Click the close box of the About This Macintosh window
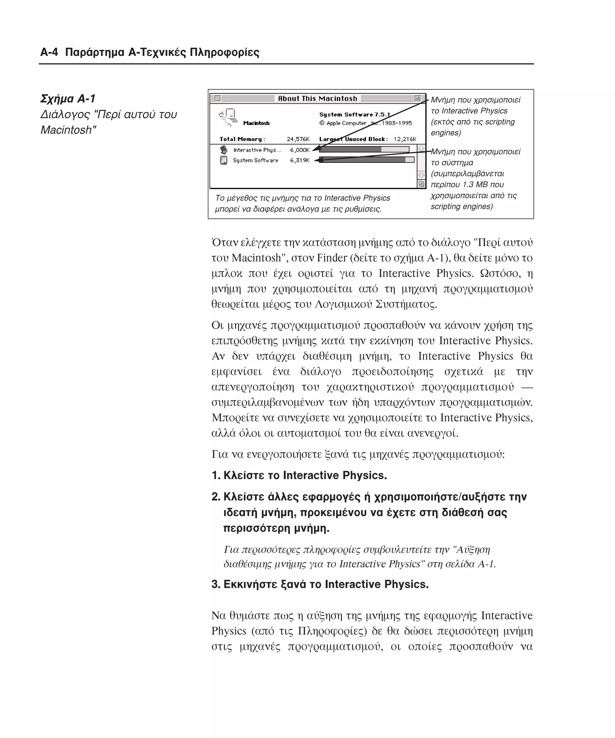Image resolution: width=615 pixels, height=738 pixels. click(217, 98)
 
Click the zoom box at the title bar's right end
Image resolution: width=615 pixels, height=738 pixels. click(417, 98)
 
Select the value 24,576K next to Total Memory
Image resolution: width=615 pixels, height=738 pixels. click(298, 139)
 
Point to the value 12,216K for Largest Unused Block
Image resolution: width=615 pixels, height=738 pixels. click(405, 139)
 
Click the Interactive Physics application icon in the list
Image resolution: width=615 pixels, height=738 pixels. click(223, 150)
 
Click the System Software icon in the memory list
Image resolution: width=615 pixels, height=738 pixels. click(223, 160)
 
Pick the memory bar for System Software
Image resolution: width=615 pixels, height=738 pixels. click(367, 160)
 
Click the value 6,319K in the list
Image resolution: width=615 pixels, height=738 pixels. click(300, 160)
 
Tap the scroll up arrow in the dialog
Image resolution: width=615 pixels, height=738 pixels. click(421, 149)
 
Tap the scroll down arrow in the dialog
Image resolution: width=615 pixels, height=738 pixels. click(421, 175)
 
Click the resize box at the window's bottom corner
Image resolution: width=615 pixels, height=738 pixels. click(421, 184)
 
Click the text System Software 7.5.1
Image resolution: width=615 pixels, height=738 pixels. click(354, 115)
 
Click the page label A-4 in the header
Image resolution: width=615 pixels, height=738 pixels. click(49, 52)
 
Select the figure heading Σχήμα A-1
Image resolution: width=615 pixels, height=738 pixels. click(68, 99)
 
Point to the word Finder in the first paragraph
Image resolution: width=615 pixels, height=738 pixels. click(332, 258)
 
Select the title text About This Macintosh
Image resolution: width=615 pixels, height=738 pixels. click(317, 98)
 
